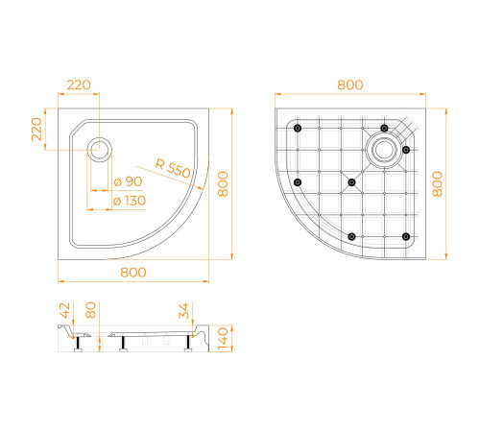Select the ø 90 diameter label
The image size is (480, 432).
[128, 182]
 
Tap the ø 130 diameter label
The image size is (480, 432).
[131, 202]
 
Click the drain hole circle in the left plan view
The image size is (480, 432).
[100, 148]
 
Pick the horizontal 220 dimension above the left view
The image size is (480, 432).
[79, 84]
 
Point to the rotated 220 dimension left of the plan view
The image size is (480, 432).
[36, 128]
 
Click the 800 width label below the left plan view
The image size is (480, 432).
[133, 273]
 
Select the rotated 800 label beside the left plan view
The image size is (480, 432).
[223, 181]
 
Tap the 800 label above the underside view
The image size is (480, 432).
[350, 84]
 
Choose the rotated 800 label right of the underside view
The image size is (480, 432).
[440, 181]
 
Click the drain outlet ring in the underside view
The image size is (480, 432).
[383, 149]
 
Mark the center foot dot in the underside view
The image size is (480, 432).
[351, 181]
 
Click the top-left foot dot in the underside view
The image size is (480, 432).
[298, 129]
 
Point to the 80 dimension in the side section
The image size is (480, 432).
[92, 310]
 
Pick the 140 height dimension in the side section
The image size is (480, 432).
[223, 337]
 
